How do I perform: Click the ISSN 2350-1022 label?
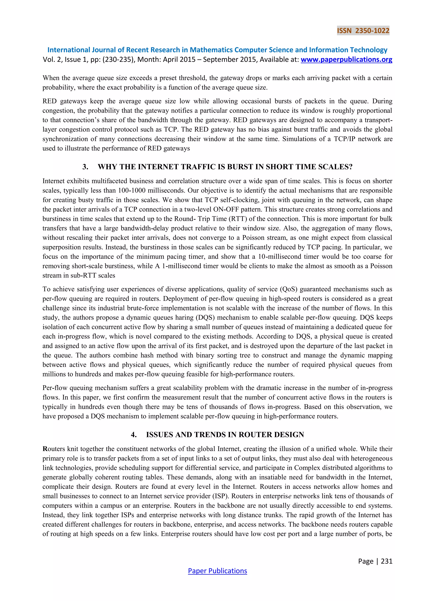363,31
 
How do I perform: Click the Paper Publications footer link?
217,571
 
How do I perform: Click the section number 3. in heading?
85,167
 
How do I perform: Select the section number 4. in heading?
133,435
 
